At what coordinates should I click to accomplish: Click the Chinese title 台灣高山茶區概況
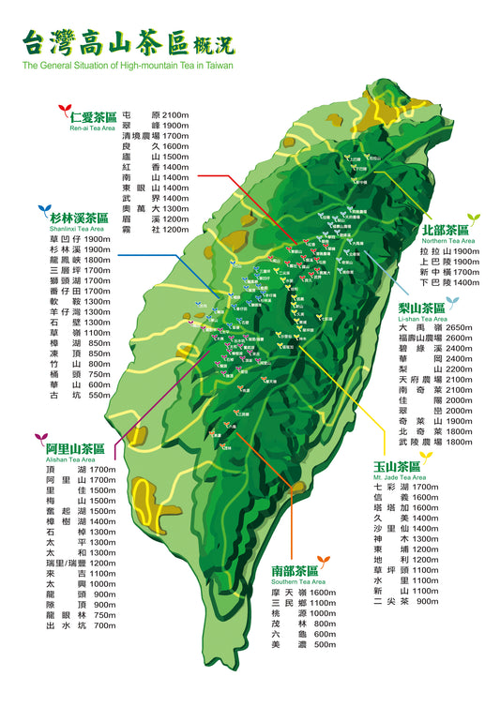pos(128,43)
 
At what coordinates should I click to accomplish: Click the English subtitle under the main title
pos(128,66)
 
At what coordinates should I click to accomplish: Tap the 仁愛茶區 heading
pos(93,117)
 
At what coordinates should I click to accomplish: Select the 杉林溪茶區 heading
pos(78,218)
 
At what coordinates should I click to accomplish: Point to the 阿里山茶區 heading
pos(74,448)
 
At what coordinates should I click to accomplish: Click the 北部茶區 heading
pos(445,229)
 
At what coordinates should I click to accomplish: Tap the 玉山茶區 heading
pos(396,466)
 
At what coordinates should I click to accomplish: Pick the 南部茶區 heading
pos(295,569)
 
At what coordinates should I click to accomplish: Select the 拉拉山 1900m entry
pos(450,251)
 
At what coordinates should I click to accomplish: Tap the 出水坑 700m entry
pos(80,625)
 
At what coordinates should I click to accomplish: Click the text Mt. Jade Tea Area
pos(400,477)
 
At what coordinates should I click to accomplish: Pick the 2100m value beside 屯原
pos(175,113)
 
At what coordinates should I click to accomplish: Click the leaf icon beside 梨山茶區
pos(452,302)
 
